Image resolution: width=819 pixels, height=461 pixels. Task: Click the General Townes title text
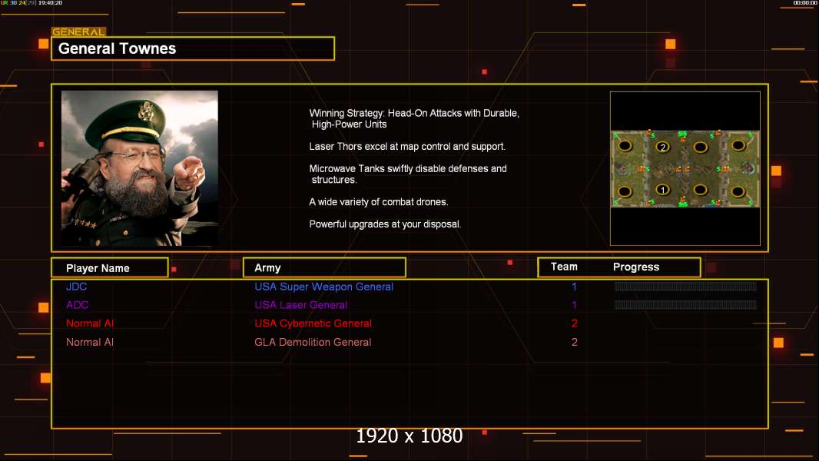pos(117,48)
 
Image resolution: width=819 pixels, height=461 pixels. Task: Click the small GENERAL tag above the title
pos(78,32)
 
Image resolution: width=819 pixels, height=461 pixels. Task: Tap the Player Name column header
pos(98,268)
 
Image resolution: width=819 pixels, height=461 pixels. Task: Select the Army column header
pos(267,268)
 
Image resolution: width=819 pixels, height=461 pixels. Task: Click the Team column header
pos(564,267)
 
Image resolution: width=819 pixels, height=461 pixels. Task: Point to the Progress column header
pos(636,267)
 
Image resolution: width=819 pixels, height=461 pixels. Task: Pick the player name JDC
pos(76,287)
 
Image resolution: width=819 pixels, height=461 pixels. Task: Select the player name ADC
pos(78,305)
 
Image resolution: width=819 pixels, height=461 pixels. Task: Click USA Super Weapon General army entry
pos(324,287)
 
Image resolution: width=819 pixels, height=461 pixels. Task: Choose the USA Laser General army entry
pos(301,305)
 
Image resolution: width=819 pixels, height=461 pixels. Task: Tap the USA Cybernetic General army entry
pos(313,323)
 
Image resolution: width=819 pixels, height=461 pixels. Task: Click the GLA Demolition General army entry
pos(313,342)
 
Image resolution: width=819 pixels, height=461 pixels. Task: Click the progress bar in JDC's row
pos(685,286)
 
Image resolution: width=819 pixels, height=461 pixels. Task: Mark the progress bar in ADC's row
pos(685,305)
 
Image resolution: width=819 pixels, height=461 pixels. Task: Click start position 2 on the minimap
pos(663,147)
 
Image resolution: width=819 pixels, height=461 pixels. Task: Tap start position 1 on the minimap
pos(663,190)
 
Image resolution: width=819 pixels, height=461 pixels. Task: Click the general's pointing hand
pos(188,171)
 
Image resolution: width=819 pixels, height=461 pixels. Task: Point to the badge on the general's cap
pos(145,111)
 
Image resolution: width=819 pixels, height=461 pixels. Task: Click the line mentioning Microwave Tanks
pos(408,174)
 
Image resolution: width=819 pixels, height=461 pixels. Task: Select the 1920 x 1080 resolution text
pos(409,436)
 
